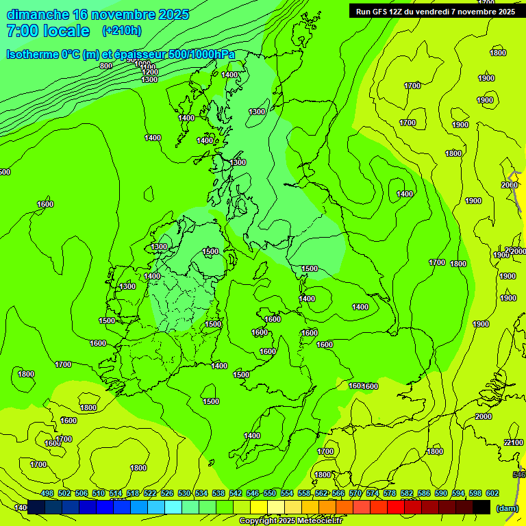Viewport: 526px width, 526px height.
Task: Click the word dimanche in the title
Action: coord(37,14)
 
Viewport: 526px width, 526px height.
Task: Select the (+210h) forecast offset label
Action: coord(121,30)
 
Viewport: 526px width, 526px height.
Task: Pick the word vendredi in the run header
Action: coord(432,12)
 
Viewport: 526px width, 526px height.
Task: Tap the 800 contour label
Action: coord(105,66)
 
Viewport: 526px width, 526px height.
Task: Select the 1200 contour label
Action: coord(150,72)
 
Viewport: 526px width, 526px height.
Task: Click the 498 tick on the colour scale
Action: coord(47,493)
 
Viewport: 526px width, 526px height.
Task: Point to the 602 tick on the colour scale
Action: coord(492,493)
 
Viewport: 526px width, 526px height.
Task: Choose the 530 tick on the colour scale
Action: coord(184,493)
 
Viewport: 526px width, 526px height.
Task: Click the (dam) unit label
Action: coord(507,508)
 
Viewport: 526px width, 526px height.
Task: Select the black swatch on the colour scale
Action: coord(481,508)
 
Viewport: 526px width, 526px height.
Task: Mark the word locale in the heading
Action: coord(66,31)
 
